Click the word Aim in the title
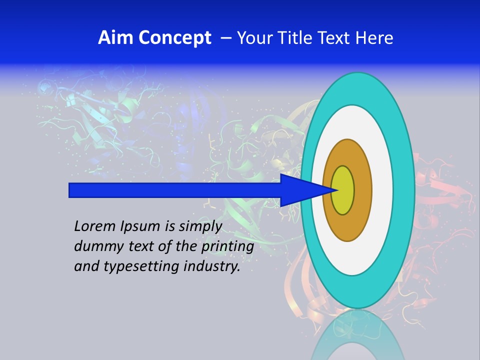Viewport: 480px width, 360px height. point(114,38)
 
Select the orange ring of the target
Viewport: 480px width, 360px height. point(362,190)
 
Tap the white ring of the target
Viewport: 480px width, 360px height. point(382,190)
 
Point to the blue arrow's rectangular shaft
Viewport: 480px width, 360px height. point(175,190)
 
